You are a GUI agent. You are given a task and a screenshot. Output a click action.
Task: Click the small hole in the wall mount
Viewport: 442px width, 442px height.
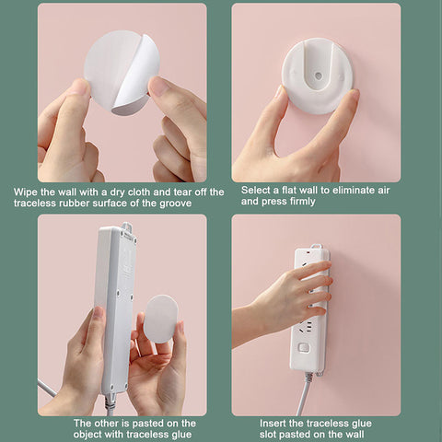pyautogui.click(x=319, y=76)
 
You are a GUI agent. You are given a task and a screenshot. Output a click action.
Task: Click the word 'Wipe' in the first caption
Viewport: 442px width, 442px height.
pyautogui.click(x=26, y=192)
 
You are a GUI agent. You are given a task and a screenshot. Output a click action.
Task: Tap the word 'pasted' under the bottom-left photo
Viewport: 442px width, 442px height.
pyautogui.click(x=148, y=424)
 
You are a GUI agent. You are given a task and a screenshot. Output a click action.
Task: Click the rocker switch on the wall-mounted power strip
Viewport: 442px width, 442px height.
pyautogui.click(x=304, y=348)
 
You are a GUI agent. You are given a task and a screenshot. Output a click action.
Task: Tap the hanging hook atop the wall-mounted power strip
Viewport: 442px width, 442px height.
pyautogui.click(x=316, y=247)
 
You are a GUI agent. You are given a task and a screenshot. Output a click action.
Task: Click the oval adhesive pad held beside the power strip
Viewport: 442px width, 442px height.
pyautogui.click(x=160, y=320)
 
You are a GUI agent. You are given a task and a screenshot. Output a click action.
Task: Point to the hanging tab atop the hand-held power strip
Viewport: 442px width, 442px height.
pyautogui.click(x=129, y=227)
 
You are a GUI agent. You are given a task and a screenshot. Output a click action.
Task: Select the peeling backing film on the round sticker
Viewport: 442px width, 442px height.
pyautogui.click(x=135, y=80)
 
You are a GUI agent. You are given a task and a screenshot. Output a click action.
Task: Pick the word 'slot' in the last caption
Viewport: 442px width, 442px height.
pyautogui.click(x=268, y=435)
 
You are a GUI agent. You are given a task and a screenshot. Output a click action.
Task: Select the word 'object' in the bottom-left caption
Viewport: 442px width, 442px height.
pyautogui.click(x=87, y=435)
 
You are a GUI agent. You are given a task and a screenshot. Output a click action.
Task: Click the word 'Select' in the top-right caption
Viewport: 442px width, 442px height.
pyautogui.click(x=256, y=190)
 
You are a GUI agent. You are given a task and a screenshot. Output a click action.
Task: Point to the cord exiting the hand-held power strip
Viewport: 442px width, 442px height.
pyautogui.click(x=109, y=404)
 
